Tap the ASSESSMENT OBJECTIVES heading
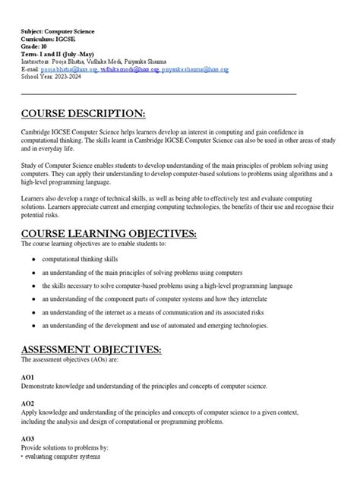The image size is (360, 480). [91, 349]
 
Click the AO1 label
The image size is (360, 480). [27, 377]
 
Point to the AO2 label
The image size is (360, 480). [27, 404]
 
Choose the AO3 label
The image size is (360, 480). [27, 439]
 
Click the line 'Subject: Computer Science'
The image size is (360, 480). [58, 32]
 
